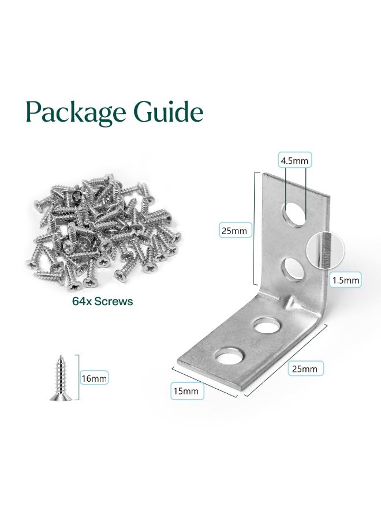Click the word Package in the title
(x=76, y=112)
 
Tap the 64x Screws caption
(x=103, y=301)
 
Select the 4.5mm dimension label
(x=294, y=160)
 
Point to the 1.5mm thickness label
(x=346, y=280)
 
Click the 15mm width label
(x=186, y=391)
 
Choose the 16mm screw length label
(x=94, y=378)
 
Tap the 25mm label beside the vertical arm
(x=234, y=231)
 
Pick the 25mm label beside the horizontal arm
(x=305, y=368)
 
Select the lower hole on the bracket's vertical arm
(x=294, y=269)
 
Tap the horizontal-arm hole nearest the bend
(x=266, y=326)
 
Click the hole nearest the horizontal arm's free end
(x=229, y=355)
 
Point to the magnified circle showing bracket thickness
(x=326, y=250)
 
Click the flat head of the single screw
(x=61, y=397)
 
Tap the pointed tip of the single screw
(x=61, y=356)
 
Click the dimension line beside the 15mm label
(x=205, y=382)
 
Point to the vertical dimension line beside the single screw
(x=78, y=377)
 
